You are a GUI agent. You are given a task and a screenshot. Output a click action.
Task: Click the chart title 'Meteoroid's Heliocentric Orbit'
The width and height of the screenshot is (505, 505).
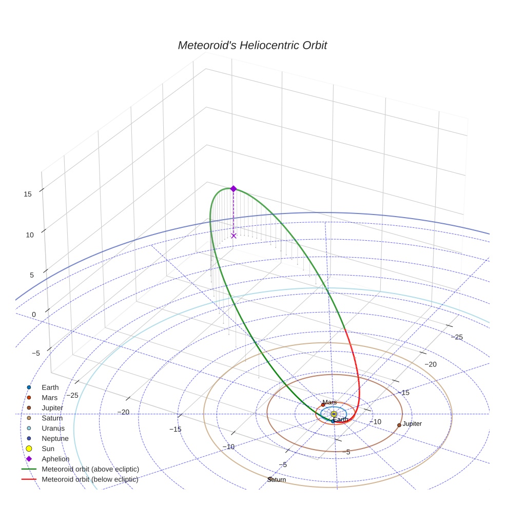252,45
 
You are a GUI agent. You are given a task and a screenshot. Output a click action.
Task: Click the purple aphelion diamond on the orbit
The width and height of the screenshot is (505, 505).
234,189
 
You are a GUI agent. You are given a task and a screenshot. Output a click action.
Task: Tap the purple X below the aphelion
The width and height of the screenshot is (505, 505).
234,236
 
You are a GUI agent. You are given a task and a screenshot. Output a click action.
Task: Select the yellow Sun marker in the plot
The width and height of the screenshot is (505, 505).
334,414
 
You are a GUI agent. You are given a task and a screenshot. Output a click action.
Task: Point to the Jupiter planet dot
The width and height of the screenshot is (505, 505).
399,425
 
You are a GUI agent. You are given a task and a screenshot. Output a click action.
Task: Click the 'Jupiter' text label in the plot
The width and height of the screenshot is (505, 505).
412,424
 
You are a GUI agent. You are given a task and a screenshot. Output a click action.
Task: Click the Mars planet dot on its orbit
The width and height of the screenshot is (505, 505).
323,405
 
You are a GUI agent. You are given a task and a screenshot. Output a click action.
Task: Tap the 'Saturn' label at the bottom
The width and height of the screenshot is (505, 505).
277,480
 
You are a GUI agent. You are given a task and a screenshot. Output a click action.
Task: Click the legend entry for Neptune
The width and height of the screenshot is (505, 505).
55,438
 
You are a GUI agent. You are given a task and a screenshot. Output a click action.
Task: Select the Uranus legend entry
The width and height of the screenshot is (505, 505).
54,428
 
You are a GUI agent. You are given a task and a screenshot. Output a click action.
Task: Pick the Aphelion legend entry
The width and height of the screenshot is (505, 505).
55,459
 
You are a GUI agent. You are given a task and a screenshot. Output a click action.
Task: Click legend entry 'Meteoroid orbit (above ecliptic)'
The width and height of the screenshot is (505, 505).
90,469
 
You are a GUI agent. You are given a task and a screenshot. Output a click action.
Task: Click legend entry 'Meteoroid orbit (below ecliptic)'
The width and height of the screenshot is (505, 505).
90,479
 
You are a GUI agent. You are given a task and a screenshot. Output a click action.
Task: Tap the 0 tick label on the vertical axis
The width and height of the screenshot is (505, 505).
33,315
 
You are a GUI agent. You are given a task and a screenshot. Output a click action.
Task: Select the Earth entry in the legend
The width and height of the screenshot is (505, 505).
50,387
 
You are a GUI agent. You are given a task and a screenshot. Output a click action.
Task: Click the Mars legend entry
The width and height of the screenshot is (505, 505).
49,397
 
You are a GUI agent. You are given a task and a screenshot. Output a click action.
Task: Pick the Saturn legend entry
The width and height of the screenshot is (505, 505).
52,418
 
